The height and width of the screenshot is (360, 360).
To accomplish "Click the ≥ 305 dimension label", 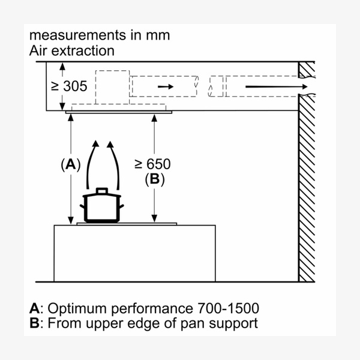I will click(69, 86).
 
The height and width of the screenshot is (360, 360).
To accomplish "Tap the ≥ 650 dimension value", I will click(153, 164).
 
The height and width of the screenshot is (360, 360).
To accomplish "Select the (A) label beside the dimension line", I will click(71, 164).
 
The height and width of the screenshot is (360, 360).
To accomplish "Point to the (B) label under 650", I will click(154, 178).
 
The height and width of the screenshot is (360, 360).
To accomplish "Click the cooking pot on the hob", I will click(102, 207).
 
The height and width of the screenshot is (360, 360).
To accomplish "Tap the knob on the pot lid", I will click(102, 190).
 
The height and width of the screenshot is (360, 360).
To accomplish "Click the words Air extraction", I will click(71, 50).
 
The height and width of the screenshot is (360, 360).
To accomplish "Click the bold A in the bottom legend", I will click(34, 309).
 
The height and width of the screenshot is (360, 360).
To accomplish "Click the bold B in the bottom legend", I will click(34, 323).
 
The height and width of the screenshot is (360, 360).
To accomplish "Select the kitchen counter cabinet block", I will click(134, 252).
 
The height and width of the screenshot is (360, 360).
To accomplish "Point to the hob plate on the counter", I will click(127, 224).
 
